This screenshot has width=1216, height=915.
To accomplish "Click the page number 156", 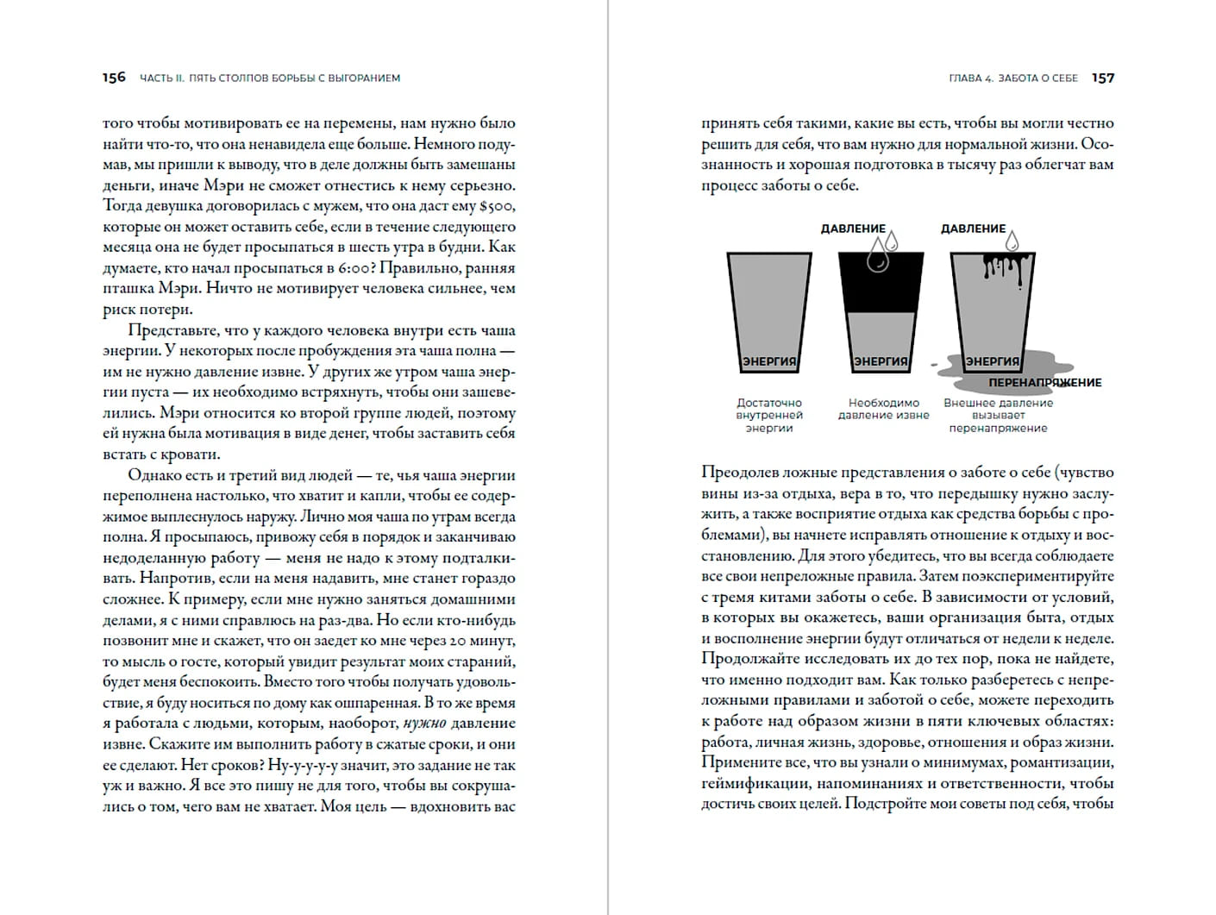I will [x=114, y=78].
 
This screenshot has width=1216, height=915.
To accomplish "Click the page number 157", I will [x=1103, y=78].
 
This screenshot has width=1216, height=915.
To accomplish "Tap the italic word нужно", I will [x=424, y=724].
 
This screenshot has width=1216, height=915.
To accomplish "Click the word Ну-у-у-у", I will [x=301, y=765].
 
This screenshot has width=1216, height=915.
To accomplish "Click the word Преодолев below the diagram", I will [x=743, y=472].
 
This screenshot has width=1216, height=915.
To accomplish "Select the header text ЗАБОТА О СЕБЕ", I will [x=1038, y=78].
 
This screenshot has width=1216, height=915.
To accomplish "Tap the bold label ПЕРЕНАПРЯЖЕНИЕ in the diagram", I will [x=1044, y=382].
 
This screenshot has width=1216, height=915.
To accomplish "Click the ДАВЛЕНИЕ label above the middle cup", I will [x=852, y=229].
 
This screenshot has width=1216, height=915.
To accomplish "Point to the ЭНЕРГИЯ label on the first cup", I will [x=769, y=361].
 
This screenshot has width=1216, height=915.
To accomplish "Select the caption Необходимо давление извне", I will [x=883, y=409].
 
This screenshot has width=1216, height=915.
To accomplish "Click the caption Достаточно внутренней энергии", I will [x=769, y=415].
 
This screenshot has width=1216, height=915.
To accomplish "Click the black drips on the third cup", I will [x=1004, y=266].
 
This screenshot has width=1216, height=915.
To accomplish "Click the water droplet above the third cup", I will [x=1012, y=239].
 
